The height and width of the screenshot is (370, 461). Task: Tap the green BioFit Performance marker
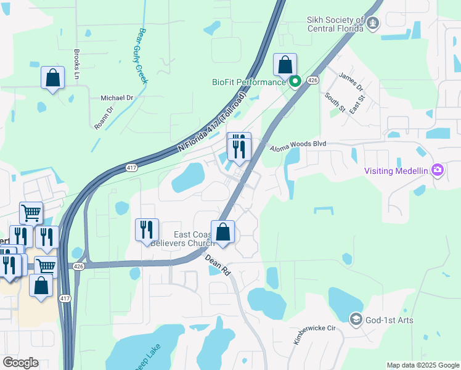point(295,81)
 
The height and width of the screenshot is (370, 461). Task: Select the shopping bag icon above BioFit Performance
point(285,64)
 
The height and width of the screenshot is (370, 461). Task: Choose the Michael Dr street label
point(116,98)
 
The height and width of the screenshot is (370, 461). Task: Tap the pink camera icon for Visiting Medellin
point(438,170)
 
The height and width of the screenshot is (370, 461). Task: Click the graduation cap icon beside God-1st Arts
point(356,319)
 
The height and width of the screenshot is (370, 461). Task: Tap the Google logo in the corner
point(21,362)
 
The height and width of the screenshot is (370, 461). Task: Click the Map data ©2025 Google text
point(423,365)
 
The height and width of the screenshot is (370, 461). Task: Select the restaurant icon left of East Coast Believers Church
point(147,230)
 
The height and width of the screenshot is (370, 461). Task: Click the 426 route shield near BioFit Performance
point(312,80)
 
